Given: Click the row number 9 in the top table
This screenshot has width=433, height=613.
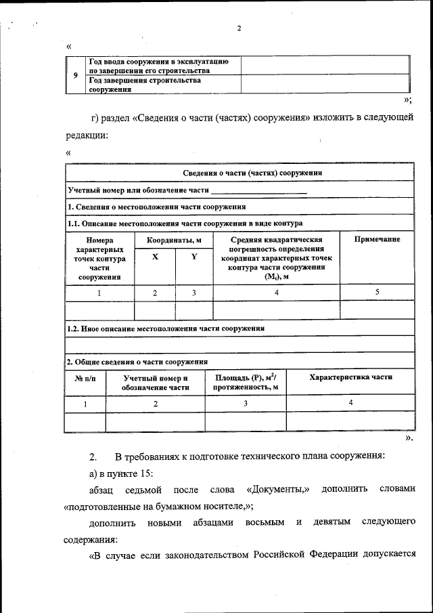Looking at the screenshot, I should click(x=75, y=75).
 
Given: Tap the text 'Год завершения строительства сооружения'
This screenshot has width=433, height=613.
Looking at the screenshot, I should click(x=145, y=85).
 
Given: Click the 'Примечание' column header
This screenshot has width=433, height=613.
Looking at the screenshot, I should click(x=377, y=239).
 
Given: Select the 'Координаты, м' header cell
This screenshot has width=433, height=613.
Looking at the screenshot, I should click(x=174, y=240).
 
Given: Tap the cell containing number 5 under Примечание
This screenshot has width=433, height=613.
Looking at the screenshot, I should click(x=377, y=292).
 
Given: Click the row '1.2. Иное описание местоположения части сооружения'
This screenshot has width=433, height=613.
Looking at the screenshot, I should click(x=165, y=328).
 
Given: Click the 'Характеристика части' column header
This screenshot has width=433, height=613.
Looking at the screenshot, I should click(x=350, y=377).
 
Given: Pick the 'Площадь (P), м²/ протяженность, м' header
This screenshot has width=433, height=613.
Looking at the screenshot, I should click(x=246, y=382).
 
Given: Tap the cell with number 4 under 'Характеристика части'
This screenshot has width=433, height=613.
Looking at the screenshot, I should click(x=350, y=402).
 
